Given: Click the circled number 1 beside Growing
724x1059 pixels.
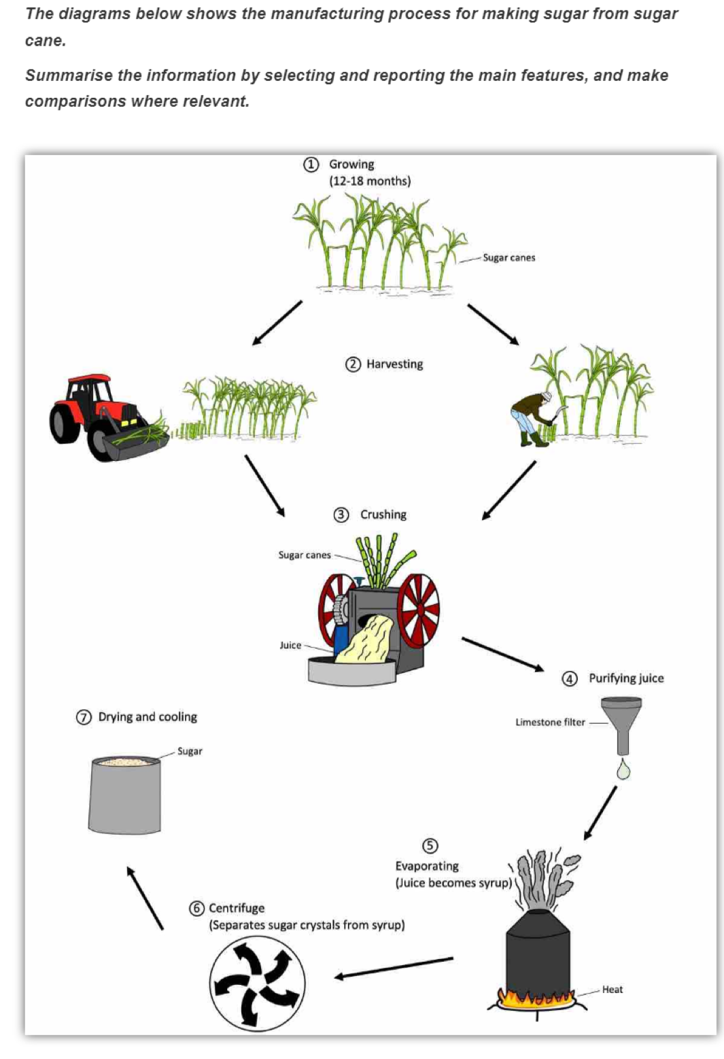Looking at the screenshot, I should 311,164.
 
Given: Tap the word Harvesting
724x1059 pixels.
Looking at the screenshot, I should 394,364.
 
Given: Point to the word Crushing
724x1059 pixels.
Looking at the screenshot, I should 383,515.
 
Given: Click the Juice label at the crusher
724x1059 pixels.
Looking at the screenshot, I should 290,645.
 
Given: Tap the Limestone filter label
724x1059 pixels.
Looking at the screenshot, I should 550,722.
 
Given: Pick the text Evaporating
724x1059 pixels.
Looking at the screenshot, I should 427,866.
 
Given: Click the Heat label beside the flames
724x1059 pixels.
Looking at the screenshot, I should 612,990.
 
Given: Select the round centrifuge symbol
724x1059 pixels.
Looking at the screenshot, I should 257,983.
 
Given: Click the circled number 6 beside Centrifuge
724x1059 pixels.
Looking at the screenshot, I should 196,909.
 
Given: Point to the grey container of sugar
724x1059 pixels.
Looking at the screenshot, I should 125,795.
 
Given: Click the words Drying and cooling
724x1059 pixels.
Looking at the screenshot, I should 148,717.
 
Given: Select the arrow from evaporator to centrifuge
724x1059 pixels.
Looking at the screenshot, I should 394,968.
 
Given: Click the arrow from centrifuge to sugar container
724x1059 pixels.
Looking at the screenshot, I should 145,898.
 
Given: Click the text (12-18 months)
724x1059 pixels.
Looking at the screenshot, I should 370,181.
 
